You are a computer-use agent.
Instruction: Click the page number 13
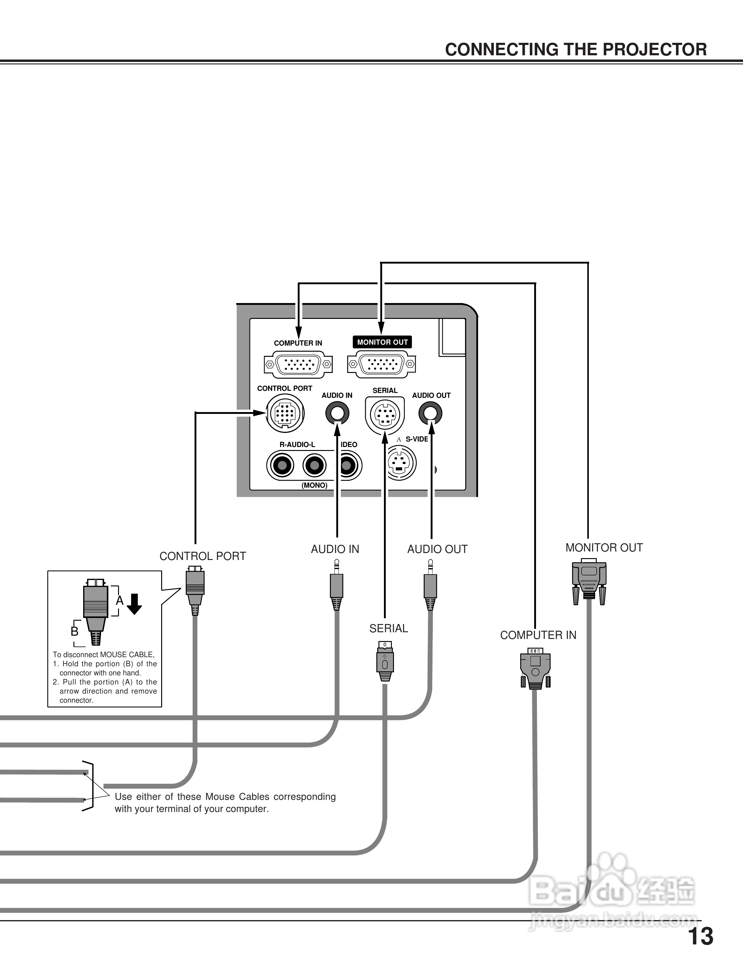click(x=700, y=937)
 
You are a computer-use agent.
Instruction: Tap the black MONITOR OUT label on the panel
click(x=382, y=342)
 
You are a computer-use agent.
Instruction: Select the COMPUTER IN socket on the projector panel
click(x=298, y=364)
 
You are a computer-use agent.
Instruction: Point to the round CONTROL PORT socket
click(x=285, y=414)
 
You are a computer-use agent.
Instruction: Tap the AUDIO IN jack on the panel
click(x=337, y=414)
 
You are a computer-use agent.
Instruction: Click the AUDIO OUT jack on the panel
click(x=430, y=414)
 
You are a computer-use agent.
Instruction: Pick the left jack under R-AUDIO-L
click(x=280, y=466)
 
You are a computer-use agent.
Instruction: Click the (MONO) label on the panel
click(x=314, y=486)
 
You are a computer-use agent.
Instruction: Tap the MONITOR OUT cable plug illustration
click(x=589, y=579)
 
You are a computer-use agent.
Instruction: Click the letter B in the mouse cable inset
click(x=74, y=631)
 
